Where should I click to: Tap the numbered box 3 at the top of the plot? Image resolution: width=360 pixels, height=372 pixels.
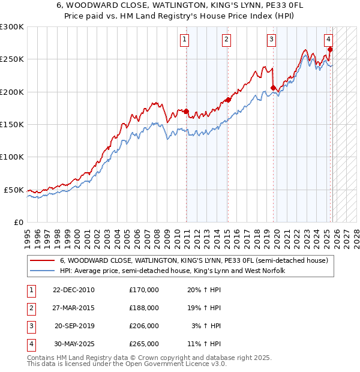pos(271,40)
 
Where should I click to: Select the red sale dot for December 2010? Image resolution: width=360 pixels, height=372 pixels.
pos(187,111)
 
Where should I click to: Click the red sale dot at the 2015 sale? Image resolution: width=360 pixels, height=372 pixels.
pos(228,100)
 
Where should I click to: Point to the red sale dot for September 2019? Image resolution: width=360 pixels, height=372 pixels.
pos(274,88)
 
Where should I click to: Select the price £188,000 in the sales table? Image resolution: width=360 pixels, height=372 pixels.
pos(143,308)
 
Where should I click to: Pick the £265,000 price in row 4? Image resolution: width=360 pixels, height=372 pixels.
pos(143,344)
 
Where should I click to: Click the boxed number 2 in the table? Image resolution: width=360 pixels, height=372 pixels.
pos(29,308)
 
